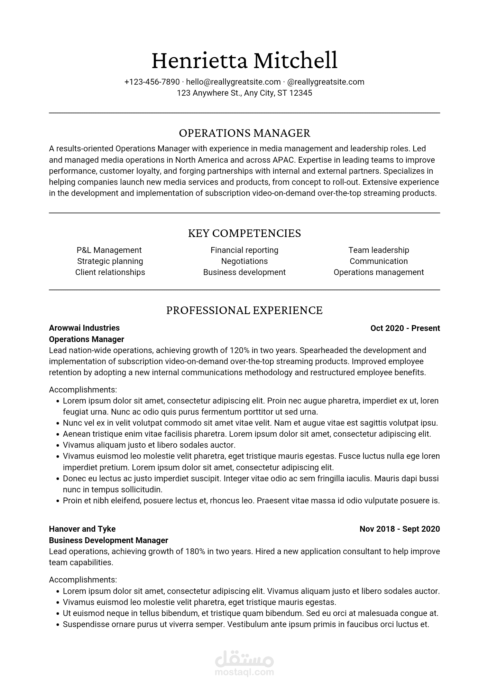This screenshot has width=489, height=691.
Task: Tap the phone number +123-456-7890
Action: tap(152, 82)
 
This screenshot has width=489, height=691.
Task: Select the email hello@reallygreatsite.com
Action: tap(233, 82)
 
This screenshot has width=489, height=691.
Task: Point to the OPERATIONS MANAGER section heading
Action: tap(244, 133)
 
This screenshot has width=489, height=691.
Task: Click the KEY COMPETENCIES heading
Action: tap(244, 233)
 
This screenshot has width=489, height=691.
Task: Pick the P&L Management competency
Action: tap(109, 250)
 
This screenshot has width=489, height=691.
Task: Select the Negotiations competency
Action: tap(244, 261)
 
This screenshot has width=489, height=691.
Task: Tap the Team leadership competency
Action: tap(378, 250)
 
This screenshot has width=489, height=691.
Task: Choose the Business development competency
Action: tap(244, 272)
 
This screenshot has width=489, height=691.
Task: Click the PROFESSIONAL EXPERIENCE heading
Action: tap(244, 310)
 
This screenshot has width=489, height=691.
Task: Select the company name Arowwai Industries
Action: tap(84, 328)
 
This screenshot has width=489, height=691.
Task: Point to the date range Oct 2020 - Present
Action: tap(405, 328)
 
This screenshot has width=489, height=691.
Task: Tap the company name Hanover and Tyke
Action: tap(82, 529)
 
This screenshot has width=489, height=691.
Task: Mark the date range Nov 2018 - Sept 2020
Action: tap(399, 529)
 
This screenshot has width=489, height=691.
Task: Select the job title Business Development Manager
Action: tap(108, 540)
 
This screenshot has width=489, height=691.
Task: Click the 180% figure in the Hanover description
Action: tap(195, 551)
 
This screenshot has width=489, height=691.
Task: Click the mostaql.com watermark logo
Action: tap(244, 663)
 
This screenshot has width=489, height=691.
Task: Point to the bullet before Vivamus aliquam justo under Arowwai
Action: tap(58, 445)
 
